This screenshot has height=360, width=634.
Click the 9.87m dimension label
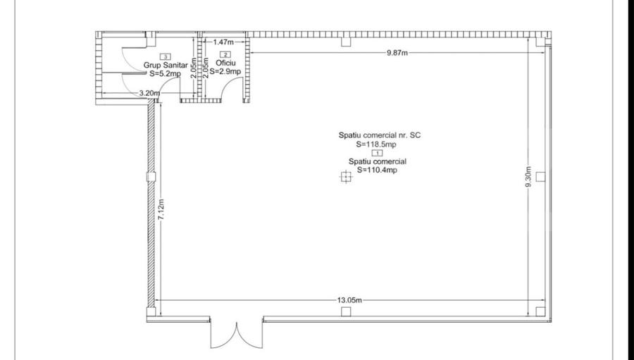pos(397,53)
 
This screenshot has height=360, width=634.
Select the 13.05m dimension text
pos(349,300)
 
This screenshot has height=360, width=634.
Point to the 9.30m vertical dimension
pos(528,177)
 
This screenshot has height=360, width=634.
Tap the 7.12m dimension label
pos(161,209)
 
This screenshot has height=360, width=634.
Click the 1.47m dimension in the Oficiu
pos(223,42)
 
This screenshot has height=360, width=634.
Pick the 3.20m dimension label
pos(149,93)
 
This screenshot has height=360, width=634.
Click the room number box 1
pos(378,153)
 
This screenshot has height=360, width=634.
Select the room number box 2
pos(225,54)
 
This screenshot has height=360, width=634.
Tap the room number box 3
pos(165,56)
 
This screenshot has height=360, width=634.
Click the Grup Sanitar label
pos(166,65)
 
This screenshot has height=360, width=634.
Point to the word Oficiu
pos(225,63)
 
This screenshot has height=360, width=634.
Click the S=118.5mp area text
pos(376,144)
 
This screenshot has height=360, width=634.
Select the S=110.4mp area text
pos(377,170)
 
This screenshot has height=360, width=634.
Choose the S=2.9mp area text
pos(225,72)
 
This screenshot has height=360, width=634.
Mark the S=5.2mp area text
pos(165,73)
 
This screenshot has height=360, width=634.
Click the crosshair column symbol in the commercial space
pos(346,177)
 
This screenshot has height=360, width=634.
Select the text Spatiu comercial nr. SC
pos(379,135)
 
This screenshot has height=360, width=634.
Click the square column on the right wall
pos(540,176)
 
